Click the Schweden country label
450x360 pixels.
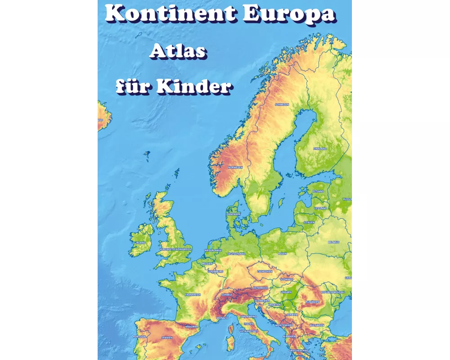(x=282, y=104)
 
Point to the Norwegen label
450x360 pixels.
(x=235, y=167)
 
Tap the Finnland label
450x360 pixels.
(x=320, y=148)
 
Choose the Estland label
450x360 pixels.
(x=318, y=191)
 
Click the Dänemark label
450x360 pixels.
(x=234, y=214)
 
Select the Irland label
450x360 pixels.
(x=140, y=243)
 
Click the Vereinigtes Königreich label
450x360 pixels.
(x=175, y=249)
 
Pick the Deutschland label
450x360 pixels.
(x=236, y=254)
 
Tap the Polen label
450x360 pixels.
(x=282, y=254)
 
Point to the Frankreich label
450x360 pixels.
(x=193, y=295)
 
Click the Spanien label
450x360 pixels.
(x=167, y=337)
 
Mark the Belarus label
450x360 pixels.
(x=333, y=242)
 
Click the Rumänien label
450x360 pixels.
(x=312, y=301)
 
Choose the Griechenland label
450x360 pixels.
(x=299, y=350)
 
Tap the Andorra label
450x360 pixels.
(x=191, y=327)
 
